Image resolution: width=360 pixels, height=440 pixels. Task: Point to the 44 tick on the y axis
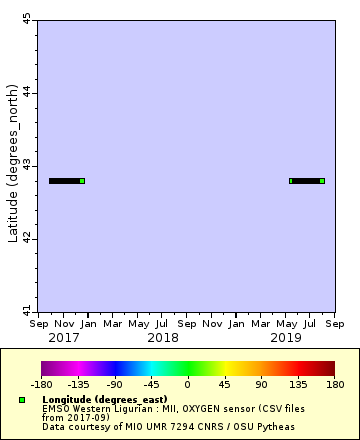pos(27,92)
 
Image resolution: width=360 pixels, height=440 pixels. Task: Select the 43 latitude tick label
pos(27,165)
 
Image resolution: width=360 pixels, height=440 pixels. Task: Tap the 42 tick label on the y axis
pos(27,238)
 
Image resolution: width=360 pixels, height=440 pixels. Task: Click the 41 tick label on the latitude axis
pos(27,310)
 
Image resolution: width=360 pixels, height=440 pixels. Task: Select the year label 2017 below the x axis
pos(64,339)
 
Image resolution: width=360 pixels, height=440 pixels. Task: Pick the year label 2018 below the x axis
pos(163,339)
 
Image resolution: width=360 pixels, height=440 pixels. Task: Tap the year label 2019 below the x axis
pos(286,339)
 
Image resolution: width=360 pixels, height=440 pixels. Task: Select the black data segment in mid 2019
pos(305,181)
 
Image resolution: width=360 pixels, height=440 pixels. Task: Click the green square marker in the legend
pos(21,399)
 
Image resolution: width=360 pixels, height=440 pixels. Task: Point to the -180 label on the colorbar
pos(41,383)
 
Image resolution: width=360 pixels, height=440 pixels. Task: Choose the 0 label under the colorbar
pos(187,383)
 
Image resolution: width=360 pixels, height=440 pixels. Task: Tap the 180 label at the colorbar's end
pos(334,383)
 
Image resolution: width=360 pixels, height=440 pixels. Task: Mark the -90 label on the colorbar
pos(114,383)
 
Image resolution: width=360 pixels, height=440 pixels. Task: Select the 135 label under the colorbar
pos(297,383)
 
